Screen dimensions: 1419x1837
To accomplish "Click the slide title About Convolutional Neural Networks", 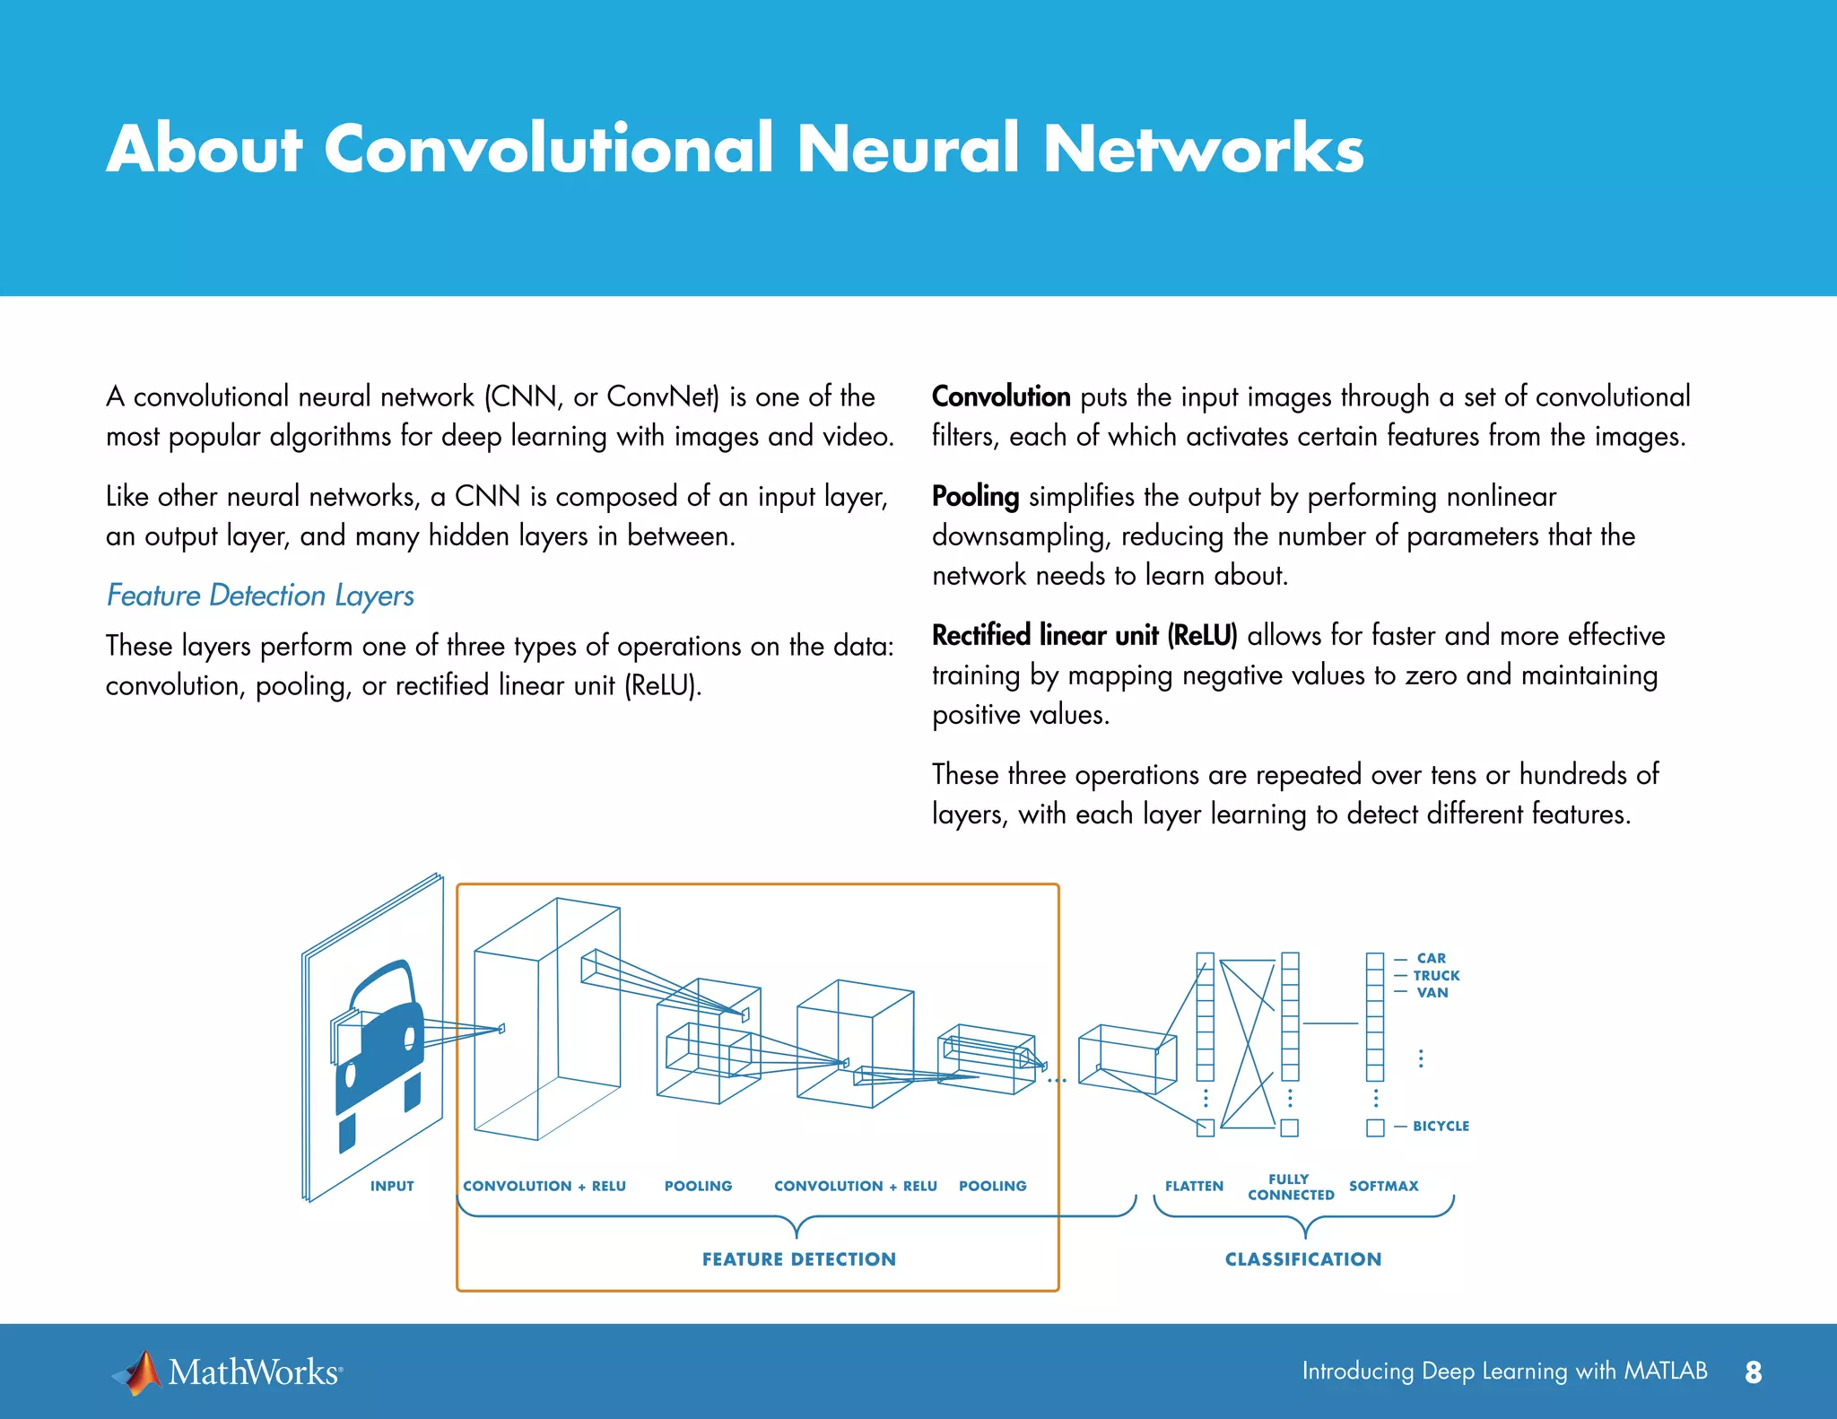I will (x=735, y=148).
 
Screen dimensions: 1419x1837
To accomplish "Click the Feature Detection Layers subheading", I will (x=260, y=596).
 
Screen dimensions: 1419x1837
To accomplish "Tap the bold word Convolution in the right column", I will (x=1001, y=396).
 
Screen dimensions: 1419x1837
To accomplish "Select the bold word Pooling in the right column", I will (x=975, y=496).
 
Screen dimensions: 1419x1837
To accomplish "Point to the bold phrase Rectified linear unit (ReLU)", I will (x=1084, y=635).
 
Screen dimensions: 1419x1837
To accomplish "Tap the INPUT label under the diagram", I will (x=392, y=1186).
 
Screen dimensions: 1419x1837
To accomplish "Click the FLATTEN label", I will (x=1194, y=1186).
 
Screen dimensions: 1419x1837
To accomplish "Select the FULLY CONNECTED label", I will (x=1290, y=1187).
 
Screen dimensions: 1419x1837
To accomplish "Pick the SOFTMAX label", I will (x=1383, y=1186).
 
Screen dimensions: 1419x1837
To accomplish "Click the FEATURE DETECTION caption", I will (x=798, y=1259).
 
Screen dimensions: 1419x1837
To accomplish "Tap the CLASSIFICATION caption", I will (x=1303, y=1259).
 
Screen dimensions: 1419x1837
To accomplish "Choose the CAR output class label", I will (x=1431, y=958).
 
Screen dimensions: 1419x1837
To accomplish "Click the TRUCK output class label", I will (x=1436, y=975).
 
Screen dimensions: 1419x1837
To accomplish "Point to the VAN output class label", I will (x=1432, y=992).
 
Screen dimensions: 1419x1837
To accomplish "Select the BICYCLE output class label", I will (x=1441, y=1126).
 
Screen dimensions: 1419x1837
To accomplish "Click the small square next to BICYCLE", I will (x=1375, y=1127).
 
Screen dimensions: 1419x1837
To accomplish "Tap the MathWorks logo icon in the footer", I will (x=136, y=1372).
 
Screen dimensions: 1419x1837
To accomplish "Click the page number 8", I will (x=1754, y=1372).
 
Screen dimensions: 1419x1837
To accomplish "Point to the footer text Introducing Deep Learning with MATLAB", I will (x=1504, y=1371).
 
